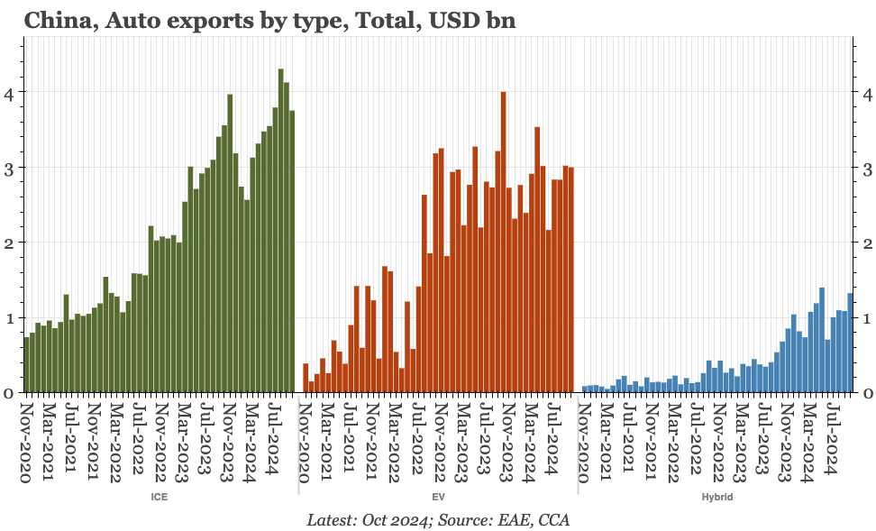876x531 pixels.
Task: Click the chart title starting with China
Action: (269, 20)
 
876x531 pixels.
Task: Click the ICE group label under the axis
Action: (160, 497)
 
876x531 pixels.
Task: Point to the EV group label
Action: (439, 497)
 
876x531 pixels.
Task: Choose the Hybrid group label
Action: (716, 497)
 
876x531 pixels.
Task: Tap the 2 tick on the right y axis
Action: (866, 243)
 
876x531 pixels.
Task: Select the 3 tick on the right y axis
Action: (866, 169)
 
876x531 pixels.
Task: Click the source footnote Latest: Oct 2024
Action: (438, 520)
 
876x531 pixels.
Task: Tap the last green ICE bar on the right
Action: (292, 252)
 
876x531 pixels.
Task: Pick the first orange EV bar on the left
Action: (306, 378)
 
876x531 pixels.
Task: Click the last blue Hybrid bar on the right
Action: (850, 343)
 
